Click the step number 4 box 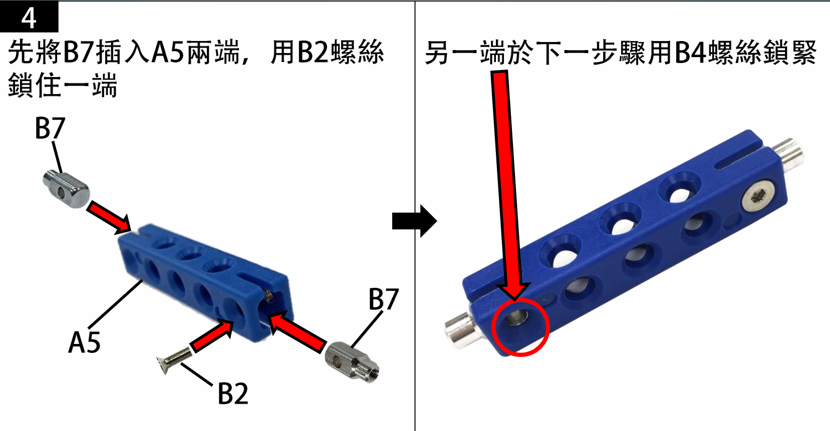tap(29, 17)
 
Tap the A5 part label tap(85, 342)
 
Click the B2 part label tap(233, 393)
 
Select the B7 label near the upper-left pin tap(50, 128)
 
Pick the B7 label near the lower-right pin tap(384, 299)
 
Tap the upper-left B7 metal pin tap(67, 188)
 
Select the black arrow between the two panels tap(415, 221)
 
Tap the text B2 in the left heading tap(313, 52)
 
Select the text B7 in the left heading tap(79, 52)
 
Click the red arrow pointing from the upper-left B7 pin tap(109, 218)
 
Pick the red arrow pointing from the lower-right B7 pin tap(297, 331)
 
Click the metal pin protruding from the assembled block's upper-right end tap(787, 156)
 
